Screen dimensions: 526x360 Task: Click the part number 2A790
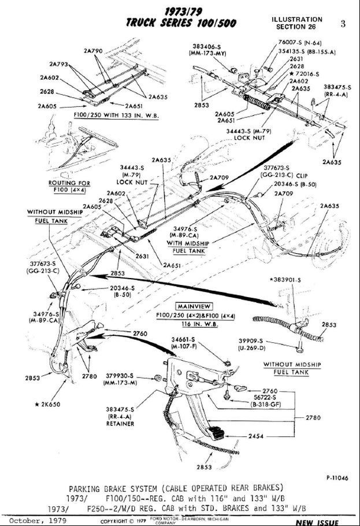coord(93,51)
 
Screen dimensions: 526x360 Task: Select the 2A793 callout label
coord(58,64)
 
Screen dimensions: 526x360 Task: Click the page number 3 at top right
coord(343,24)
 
